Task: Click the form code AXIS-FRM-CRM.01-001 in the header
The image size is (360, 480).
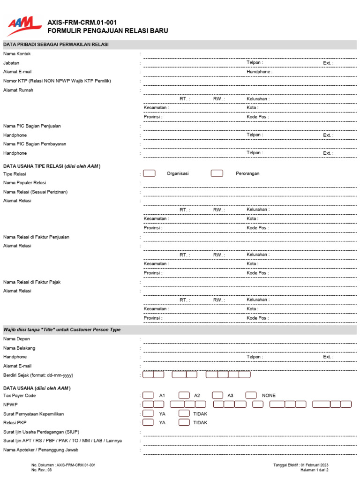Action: tap(82, 22)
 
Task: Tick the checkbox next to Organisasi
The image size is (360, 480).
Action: tap(149, 173)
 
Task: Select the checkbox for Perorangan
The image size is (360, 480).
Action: tap(217, 173)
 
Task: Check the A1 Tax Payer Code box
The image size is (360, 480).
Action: tap(148, 395)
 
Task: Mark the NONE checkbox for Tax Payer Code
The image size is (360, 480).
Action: tap(251, 395)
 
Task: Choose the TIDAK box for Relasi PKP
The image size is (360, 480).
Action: tap(184, 422)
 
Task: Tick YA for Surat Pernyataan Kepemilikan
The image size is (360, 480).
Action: tap(148, 413)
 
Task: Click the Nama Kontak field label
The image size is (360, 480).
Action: tap(17, 54)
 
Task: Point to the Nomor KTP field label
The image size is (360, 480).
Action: tap(57, 81)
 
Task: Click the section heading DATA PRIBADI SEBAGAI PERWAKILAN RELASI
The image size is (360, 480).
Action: tap(56, 45)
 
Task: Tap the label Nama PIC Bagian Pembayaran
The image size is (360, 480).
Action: tap(35, 144)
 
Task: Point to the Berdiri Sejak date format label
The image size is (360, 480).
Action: tap(38, 375)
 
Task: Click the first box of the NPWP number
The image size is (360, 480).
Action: tap(147, 404)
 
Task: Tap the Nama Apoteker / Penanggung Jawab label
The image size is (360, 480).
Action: tap(41, 450)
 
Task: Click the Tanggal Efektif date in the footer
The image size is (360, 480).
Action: tap(300, 465)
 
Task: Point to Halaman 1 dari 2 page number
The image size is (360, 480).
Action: tap(314, 470)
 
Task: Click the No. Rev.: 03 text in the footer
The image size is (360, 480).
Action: tap(42, 470)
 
